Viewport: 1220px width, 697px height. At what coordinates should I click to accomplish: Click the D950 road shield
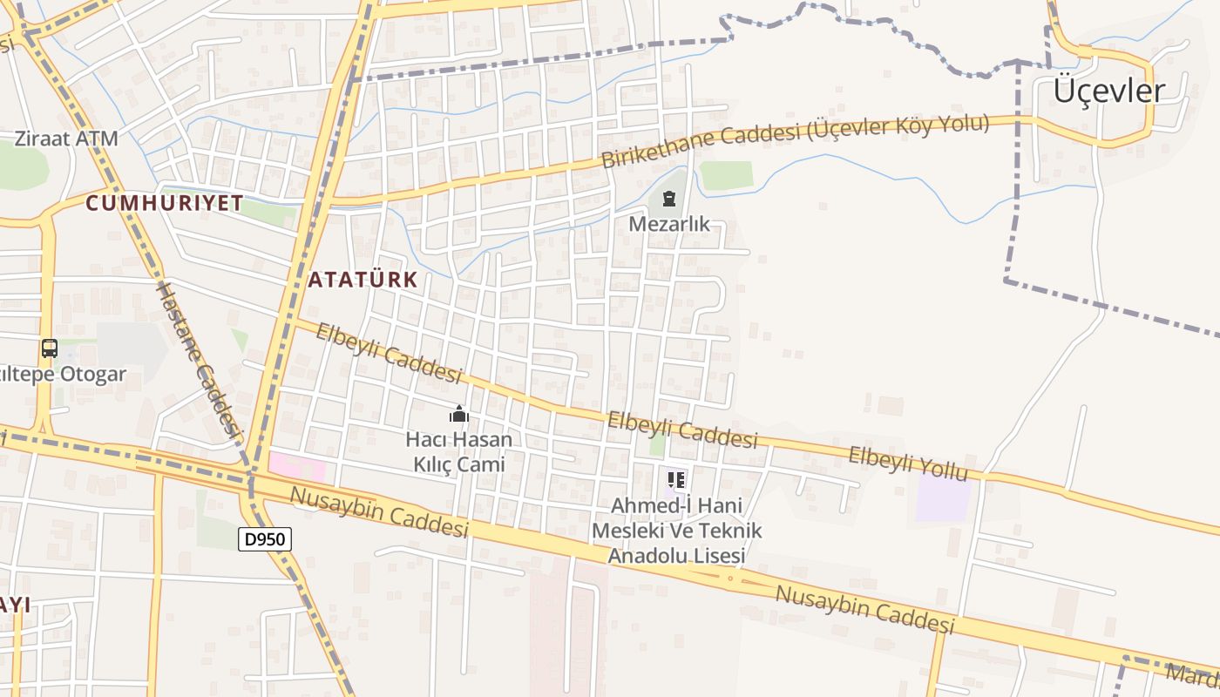tap(265, 539)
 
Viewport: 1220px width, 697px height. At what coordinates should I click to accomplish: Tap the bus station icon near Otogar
tap(50, 348)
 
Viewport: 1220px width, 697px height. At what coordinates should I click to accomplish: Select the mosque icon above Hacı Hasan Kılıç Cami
tap(458, 414)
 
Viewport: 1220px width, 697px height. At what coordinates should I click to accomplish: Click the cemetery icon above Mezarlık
tap(668, 200)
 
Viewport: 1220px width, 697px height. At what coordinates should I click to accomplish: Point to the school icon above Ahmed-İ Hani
tap(676, 479)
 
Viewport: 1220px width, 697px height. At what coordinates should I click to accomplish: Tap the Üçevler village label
tap(1108, 91)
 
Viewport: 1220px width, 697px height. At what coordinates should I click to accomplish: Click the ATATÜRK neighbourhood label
tap(363, 280)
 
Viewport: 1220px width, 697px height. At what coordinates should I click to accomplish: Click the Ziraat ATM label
tap(66, 138)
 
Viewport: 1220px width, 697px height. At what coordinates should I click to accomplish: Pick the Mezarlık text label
tap(669, 224)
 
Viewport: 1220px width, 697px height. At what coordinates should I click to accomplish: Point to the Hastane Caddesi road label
tap(199, 358)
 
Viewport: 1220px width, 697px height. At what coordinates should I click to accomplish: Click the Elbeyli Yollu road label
tap(908, 464)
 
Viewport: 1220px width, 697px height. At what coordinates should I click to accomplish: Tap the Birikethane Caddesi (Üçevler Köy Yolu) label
tap(795, 140)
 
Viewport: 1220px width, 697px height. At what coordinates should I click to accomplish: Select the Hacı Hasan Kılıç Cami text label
tap(458, 451)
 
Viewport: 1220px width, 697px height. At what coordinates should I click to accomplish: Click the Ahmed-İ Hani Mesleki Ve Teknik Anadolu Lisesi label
tap(676, 530)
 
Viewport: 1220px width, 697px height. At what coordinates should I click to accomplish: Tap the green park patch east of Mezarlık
tap(726, 175)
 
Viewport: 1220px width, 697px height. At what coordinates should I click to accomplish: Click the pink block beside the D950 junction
tap(297, 466)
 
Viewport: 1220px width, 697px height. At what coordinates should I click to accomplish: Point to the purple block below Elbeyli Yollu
tap(943, 497)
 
